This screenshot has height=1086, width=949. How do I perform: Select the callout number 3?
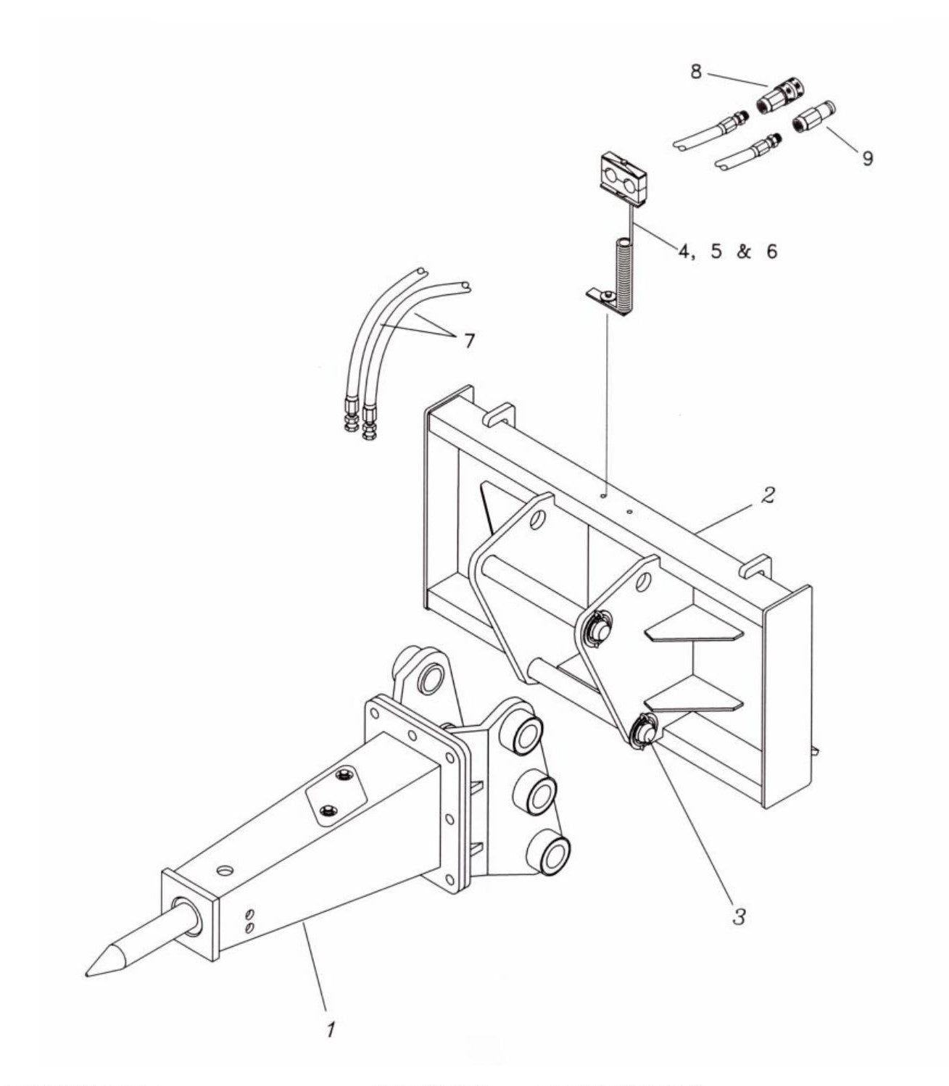tap(739, 916)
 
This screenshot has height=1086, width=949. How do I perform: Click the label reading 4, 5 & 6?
tap(727, 252)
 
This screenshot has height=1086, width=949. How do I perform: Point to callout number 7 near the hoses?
tap(469, 340)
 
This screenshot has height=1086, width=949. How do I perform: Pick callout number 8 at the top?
tap(695, 73)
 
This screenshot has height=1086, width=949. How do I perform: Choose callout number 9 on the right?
tap(867, 157)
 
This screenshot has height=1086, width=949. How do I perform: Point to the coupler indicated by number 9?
tap(814, 116)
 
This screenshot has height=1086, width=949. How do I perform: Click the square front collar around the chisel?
tap(191, 914)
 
